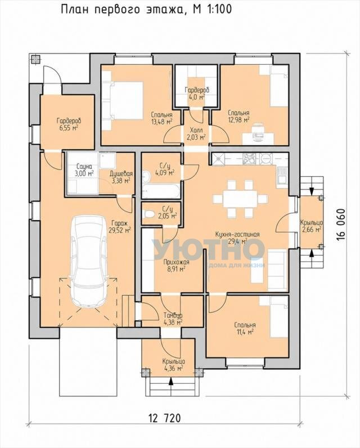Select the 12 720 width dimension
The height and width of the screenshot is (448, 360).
click(x=165, y=418)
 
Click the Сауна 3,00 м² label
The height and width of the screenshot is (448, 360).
click(x=84, y=170)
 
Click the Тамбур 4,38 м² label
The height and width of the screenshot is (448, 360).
click(x=173, y=319)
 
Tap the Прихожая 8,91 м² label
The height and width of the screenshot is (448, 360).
click(x=174, y=265)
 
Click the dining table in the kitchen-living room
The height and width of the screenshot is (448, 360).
click(x=240, y=198)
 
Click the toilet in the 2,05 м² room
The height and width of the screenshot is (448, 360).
click(x=148, y=214)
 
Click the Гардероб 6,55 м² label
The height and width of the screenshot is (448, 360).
click(x=67, y=124)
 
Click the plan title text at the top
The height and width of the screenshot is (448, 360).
click(x=146, y=10)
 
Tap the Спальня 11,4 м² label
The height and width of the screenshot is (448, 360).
click(x=245, y=329)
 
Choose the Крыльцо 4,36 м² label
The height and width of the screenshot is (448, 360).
click(x=173, y=365)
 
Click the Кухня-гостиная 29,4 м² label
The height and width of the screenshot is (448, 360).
click(x=237, y=238)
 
